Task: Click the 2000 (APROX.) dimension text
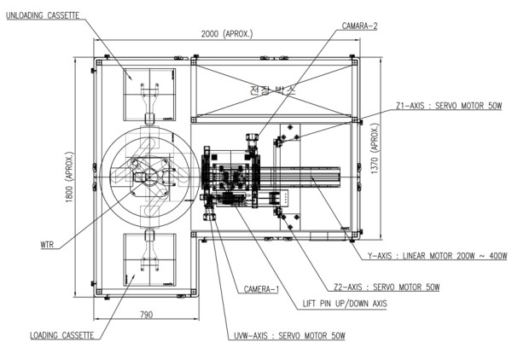(226, 34)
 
